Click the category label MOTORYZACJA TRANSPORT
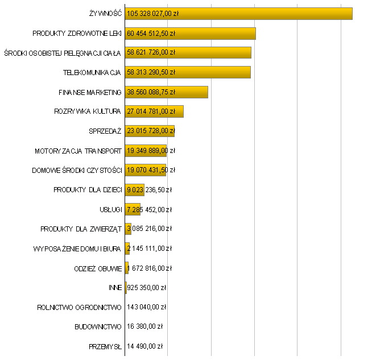[x=78, y=151]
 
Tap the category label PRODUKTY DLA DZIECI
[x=88, y=190]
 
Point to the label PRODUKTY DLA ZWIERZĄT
[x=81, y=229]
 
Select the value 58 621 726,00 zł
[x=151, y=53]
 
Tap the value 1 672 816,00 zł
[x=149, y=268]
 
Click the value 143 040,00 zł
[x=146, y=307]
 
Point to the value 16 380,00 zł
[x=144, y=327]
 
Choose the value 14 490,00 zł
[x=144, y=346]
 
